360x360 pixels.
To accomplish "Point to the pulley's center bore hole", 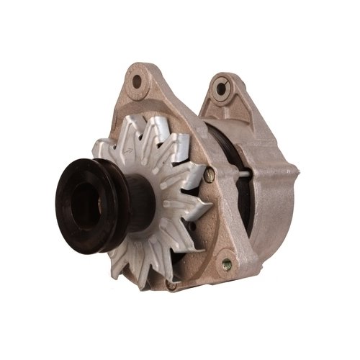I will pos(80,194).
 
